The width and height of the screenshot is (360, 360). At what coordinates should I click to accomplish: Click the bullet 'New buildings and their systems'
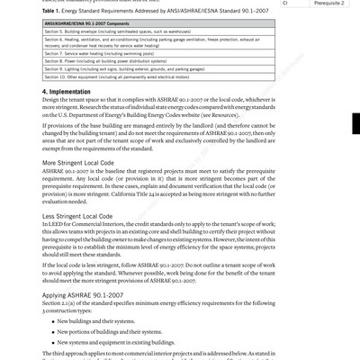click(x=94, y=321)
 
